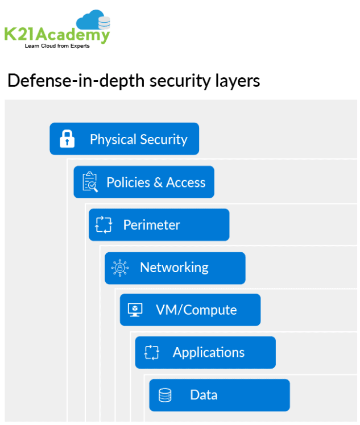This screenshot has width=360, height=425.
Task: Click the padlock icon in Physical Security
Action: tap(68, 139)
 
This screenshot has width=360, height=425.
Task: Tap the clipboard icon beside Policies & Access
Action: tap(90, 182)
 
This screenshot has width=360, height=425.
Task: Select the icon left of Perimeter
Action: tap(104, 224)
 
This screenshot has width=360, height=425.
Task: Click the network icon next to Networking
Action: tap(120, 268)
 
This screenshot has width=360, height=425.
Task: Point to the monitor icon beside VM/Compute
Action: tap(135, 310)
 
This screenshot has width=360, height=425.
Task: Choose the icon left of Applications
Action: tap(151, 352)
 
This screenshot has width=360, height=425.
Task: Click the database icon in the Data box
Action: tap(165, 395)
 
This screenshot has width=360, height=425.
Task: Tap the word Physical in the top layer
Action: tap(114, 139)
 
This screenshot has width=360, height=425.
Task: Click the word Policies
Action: tap(127, 182)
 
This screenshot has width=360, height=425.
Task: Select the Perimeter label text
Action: tap(151, 225)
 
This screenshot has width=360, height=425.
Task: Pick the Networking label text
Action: tap(174, 268)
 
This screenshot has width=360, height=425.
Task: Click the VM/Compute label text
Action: tap(196, 310)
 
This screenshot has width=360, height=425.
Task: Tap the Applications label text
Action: tap(209, 353)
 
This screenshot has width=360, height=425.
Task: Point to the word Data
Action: tap(204, 395)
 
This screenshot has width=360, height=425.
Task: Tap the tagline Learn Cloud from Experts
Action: tap(57, 45)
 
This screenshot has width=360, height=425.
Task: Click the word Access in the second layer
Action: tap(186, 182)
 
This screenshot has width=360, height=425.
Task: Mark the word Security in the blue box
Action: tap(164, 139)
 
